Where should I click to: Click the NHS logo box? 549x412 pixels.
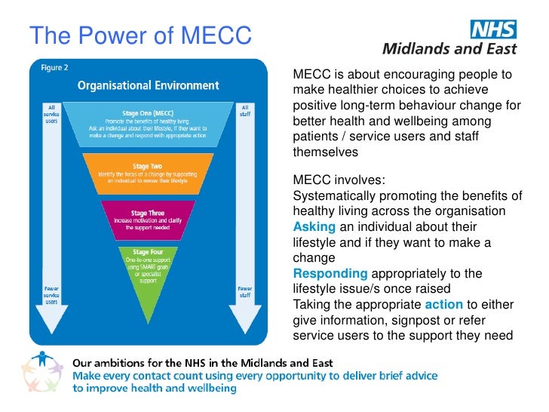[x=493, y=29]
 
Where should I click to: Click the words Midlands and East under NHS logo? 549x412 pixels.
[x=451, y=50]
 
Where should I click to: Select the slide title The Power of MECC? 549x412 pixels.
[x=140, y=35]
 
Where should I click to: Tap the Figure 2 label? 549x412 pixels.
[x=54, y=67]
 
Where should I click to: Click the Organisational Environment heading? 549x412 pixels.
[x=147, y=85]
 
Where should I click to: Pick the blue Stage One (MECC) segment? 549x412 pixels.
[x=148, y=124]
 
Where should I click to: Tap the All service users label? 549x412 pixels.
[x=51, y=115]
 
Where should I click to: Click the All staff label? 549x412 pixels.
[x=245, y=110]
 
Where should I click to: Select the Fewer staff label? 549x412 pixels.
[x=245, y=291]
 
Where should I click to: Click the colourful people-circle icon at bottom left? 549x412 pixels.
[x=44, y=373]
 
